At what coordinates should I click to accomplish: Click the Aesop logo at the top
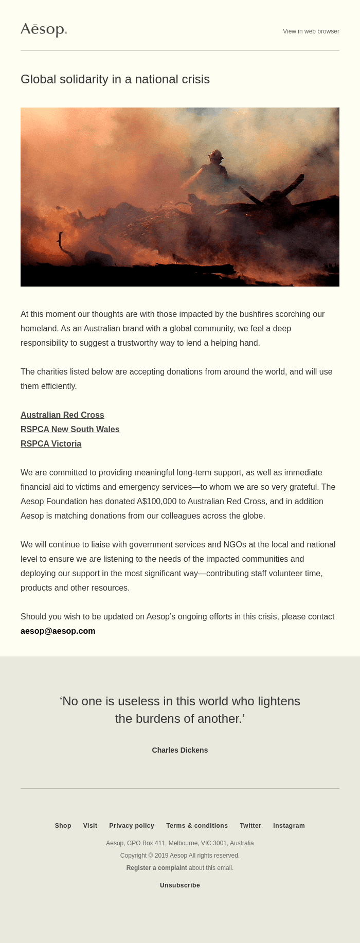tap(44, 30)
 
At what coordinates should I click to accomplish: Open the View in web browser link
tap(311, 31)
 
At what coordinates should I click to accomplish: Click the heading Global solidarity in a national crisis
tap(115, 79)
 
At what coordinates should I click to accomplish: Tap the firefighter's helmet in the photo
tap(215, 154)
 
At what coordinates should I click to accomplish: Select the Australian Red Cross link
tap(62, 415)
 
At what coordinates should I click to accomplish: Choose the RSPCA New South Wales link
tap(70, 429)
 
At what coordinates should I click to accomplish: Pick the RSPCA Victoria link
tap(51, 443)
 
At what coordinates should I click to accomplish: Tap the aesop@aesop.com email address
tap(58, 631)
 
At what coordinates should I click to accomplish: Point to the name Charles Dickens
tap(180, 750)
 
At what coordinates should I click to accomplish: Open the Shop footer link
tap(63, 826)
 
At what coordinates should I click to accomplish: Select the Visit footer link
tap(90, 826)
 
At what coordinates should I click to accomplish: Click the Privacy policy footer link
tap(132, 826)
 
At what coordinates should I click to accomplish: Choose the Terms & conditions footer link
tap(197, 826)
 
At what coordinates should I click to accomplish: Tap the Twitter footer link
tap(250, 826)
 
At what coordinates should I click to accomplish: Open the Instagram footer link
tap(289, 826)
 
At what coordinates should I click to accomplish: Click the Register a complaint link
tap(157, 868)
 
